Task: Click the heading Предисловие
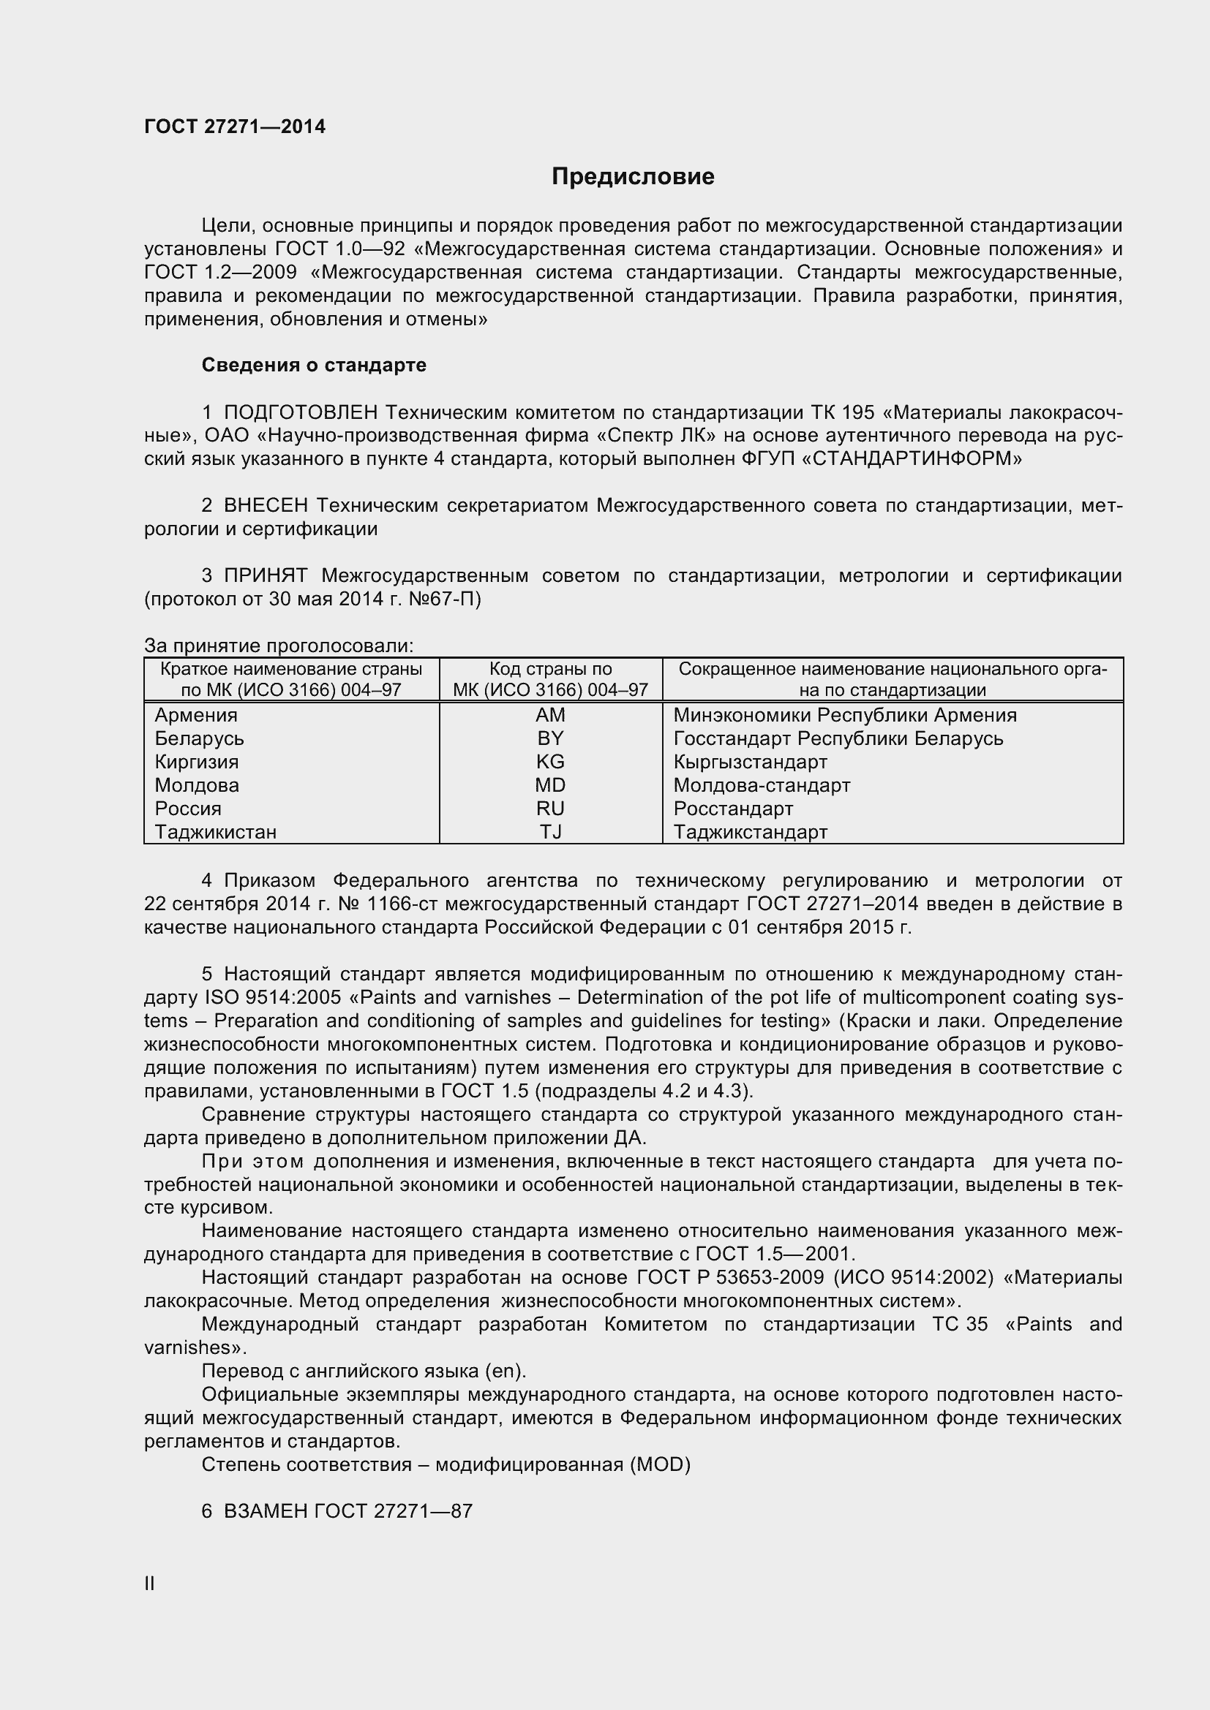(633, 176)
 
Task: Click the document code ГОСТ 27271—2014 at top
(235, 127)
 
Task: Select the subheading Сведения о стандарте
(314, 365)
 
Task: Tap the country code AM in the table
(551, 715)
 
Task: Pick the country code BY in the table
(551, 738)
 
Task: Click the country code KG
(551, 762)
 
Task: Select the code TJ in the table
(551, 832)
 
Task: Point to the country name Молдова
(197, 785)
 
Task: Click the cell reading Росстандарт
(733, 808)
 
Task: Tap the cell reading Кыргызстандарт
(751, 762)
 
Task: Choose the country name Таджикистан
(215, 832)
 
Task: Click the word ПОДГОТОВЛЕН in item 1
(301, 412)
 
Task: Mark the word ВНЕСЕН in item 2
(266, 506)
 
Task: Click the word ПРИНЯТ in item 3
(266, 575)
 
